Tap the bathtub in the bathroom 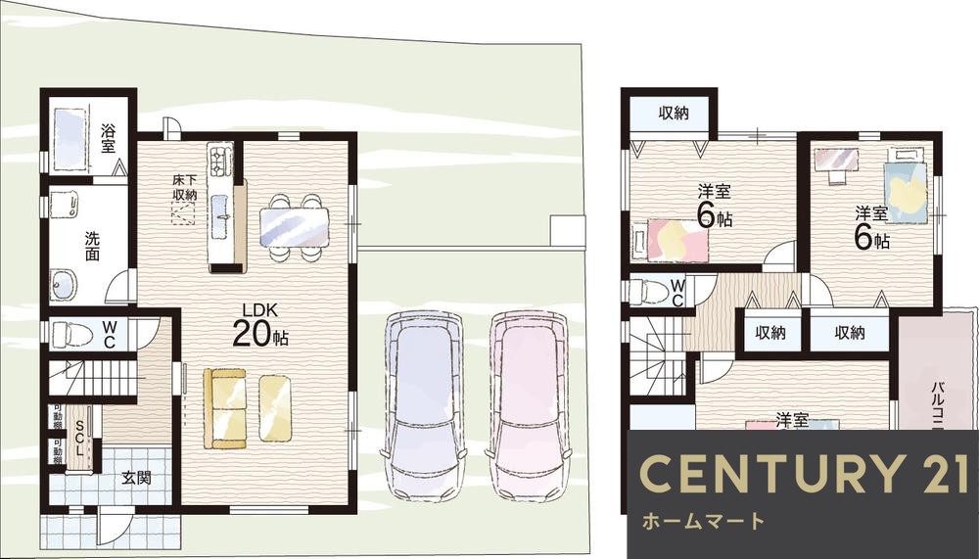pos(72,135)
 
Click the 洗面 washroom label pos(91,244)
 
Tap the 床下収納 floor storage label pos(184,188)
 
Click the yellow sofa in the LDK pos(225,407)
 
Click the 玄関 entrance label pos(135,479)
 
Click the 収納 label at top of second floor pos(673,113)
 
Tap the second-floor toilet pos(651,291)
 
